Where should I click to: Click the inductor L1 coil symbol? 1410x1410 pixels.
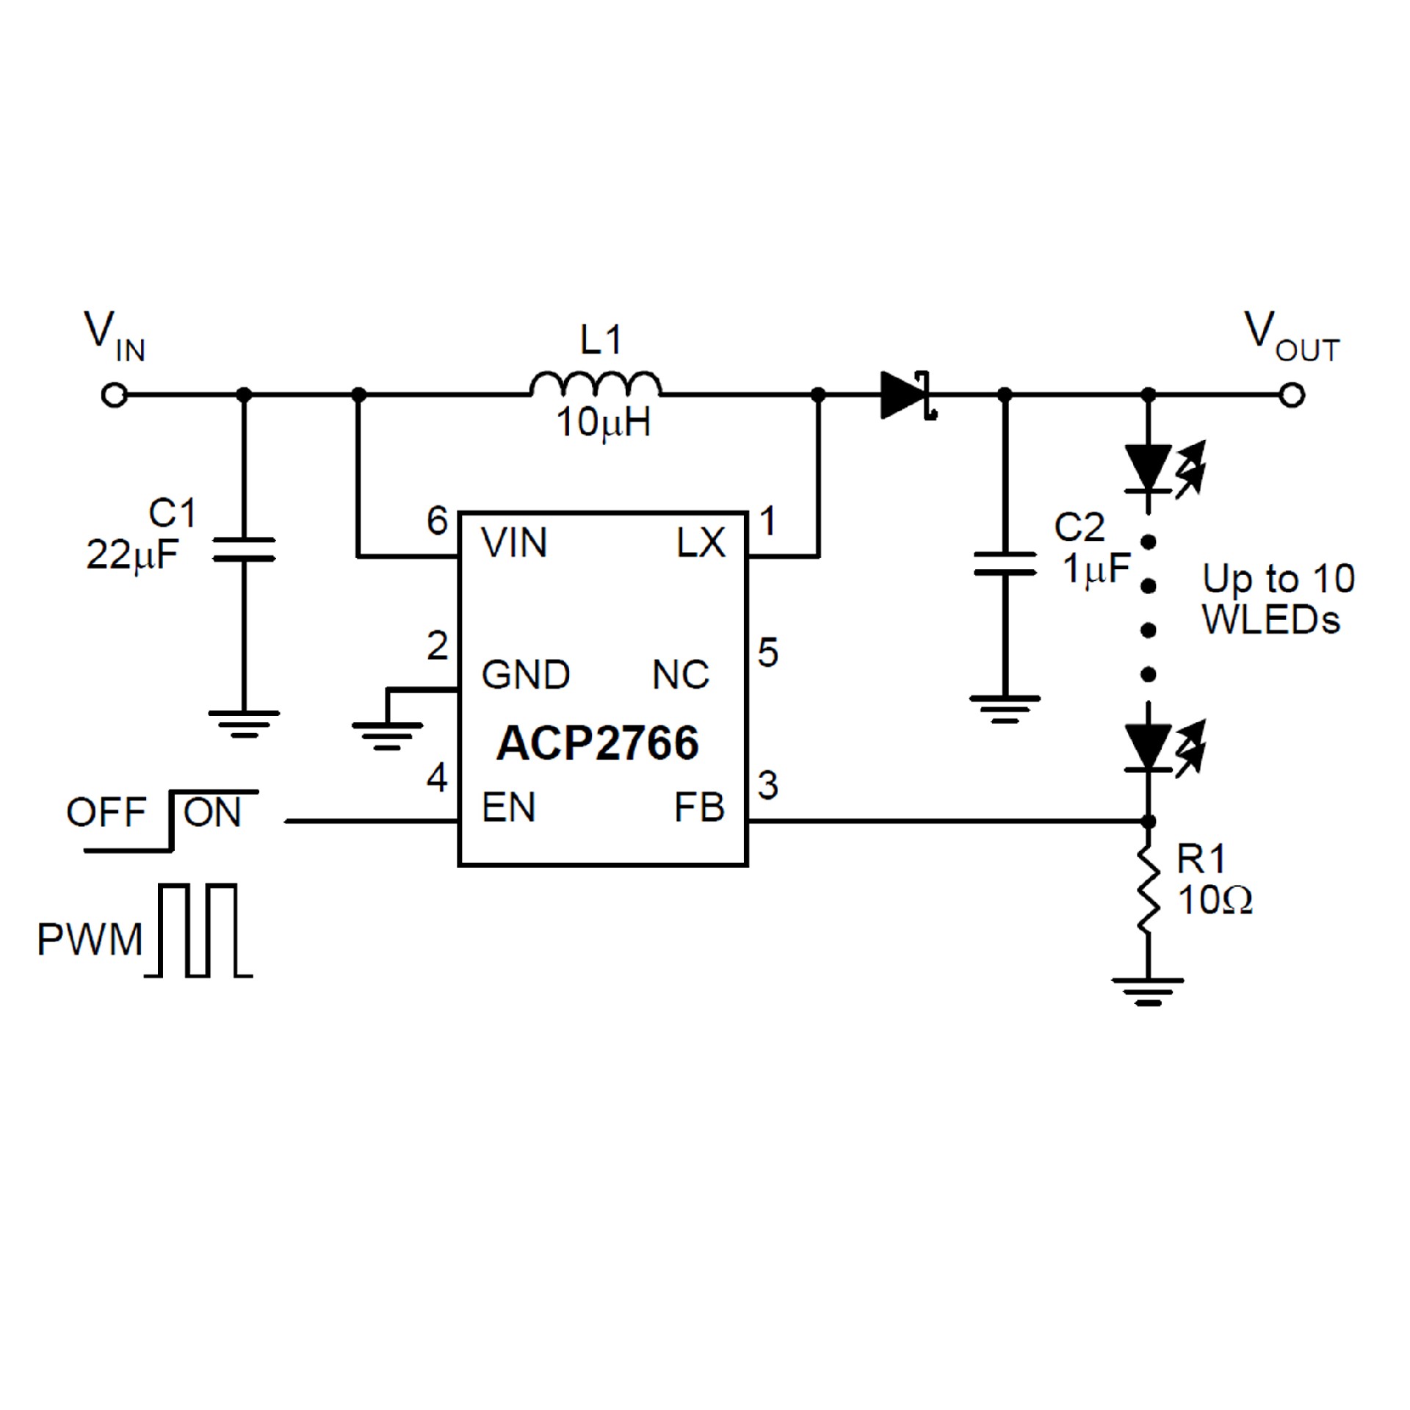pyautogui.click(x=595, y=386)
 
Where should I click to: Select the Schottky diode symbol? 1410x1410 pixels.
pyautogui.click(x=908, y=396)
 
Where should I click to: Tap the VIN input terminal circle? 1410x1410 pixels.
pyautogui.click(x=115, y=396)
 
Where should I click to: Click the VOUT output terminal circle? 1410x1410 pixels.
pyautogui.click(x=1291, y=396)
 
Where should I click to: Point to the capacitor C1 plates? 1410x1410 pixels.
pyautogui.click(x=244, y=549)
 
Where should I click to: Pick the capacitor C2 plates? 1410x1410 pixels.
pyautogui.click(x=1005, y=563)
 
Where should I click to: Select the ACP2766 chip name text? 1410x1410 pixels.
pyautogui.click(x=597, y=743)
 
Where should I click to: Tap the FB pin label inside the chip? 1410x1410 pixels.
pyautogui.click(x=699, y=808)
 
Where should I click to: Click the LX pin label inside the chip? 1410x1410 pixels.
pyautogui.click(x=701, y=543)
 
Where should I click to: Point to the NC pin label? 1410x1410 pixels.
pyautogui.click(x=681, y=675)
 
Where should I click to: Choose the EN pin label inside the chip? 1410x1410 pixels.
pyautogui.click(x=508, y=808)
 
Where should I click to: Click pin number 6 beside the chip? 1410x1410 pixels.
pyautogui.click(x=438, y=521)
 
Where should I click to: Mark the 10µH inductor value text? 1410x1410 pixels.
pyautogui.click(x=604, y=424)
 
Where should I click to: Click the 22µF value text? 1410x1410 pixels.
pyautogui.click(x=132, y=554)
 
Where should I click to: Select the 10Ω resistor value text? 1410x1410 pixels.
pyautogui.click(x=1215, y=900)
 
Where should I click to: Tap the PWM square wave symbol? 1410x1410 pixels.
pyautogui.click(x=198, y=931)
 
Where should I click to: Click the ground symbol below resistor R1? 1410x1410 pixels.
pyautogui.click(x=1148, y=991)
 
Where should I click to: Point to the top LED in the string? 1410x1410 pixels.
pyautogui.click(x=1149, y=468)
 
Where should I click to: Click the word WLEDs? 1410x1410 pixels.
pyautogui.click(x=1270, y=620)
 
